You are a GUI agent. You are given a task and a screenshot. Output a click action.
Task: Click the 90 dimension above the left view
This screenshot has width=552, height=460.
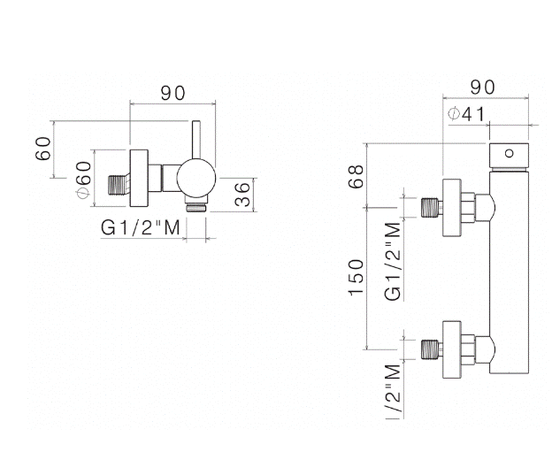(x=172, y=91)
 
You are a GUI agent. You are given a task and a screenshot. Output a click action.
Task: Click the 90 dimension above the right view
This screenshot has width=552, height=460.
(x=481, y=87)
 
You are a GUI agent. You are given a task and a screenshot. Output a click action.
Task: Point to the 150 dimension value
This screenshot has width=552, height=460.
(x=357, y=279)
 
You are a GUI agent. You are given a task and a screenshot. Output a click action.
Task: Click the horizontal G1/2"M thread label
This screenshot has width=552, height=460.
(x=141, y=227)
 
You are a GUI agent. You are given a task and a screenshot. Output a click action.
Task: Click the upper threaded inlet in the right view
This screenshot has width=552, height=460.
(x=431, y=208)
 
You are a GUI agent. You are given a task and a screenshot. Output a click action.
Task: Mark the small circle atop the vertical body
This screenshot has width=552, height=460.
(x=510, y=152)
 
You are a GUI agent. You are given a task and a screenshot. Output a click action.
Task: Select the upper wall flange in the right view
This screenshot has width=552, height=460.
(x=451, y=208)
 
